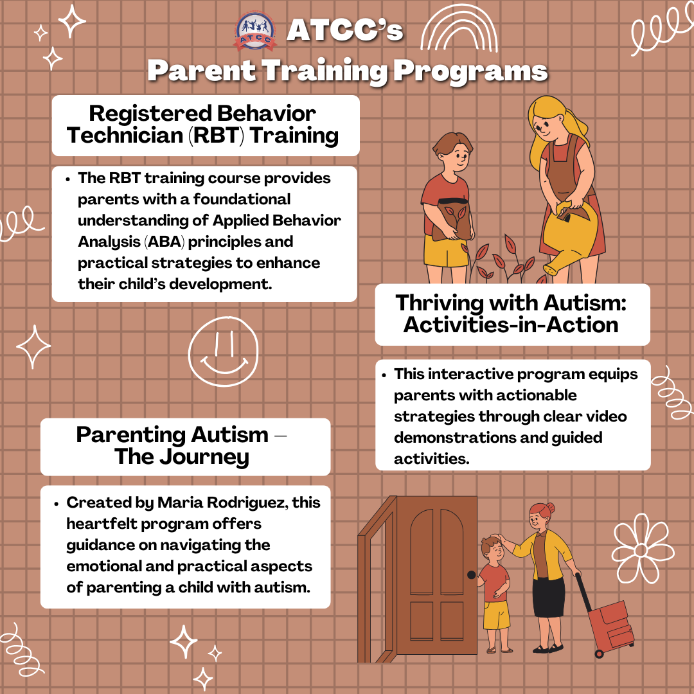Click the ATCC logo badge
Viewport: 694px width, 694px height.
(255, 32)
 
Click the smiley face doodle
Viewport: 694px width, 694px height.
(223, 351)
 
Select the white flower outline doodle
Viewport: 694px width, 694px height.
(643, 548)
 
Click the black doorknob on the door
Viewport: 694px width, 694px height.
(472, 574)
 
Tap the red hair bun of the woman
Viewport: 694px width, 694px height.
(550, 507)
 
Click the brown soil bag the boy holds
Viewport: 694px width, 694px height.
(453, 218)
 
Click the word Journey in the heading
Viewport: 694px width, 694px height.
(204, 458)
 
